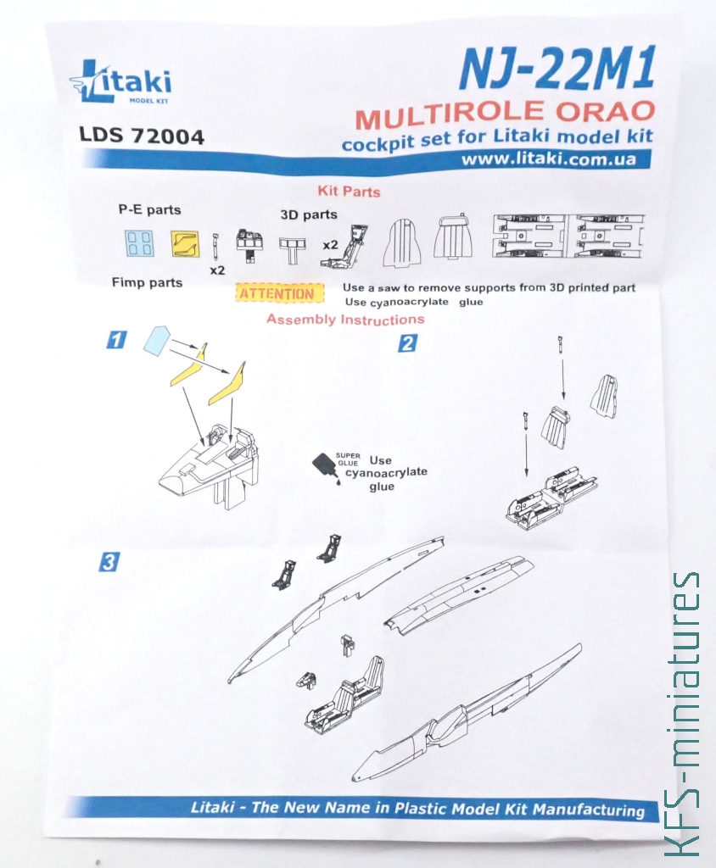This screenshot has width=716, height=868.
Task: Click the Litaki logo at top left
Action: [x=120, y=82]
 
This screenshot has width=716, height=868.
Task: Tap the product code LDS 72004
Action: [x=142, y=136]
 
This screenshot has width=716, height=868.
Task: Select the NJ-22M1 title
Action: [x=557, y=69]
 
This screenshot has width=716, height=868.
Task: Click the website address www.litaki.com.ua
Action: [x=549, y=159]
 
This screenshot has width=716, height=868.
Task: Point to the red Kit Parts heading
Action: [x=349, y=192]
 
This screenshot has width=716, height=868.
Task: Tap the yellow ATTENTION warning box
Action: [x=280, y=292]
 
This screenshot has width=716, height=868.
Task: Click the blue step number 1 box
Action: [x=116, y=339]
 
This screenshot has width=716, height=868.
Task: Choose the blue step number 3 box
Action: [x=109, y=563]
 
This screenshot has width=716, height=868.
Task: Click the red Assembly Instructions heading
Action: [x=345, y=320]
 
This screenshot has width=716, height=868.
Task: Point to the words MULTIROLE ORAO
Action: [x=506, y=114]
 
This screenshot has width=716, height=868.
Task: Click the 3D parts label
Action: [x=309, y=214]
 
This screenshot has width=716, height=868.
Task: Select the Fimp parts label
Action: [x=147, y=282]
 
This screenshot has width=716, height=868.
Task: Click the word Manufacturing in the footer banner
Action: [x=589, y=810]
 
